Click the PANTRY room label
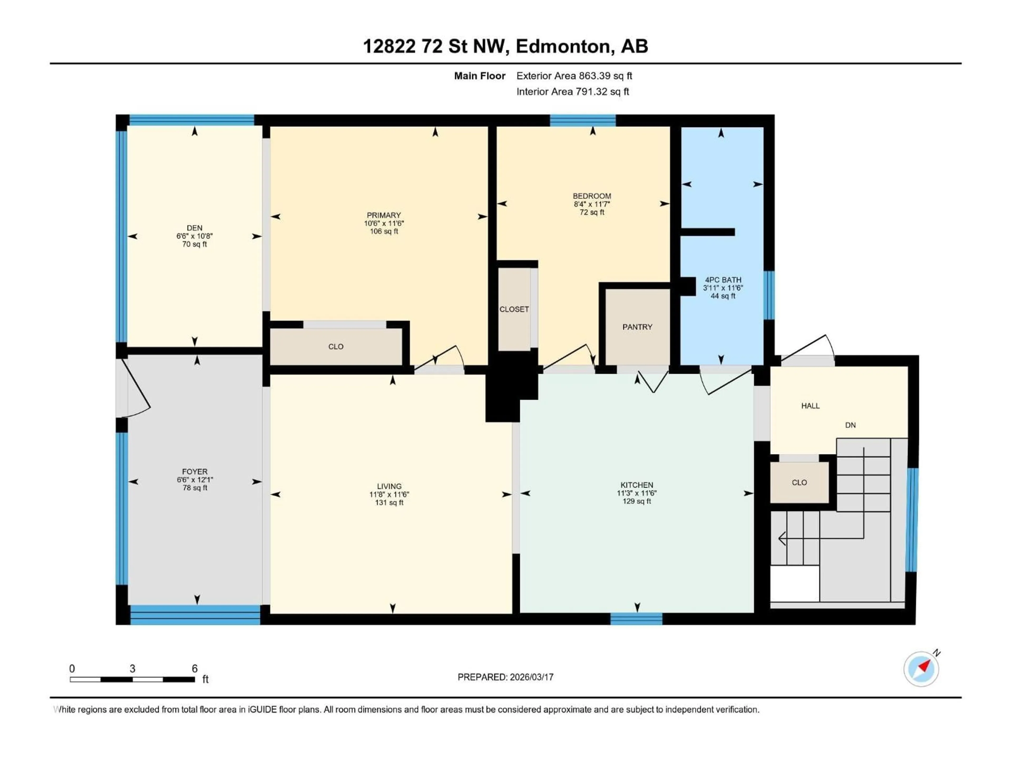(x=637, y=327)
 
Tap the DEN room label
(x=194, y=228)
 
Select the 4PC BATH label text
(x=723, y=280)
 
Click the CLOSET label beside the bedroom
(x=514, y=309)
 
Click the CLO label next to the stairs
(x=799, y=483)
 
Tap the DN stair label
(x=850, y=425)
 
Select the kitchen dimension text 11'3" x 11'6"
(x=636, y=493)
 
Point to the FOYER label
(x=194, y=471)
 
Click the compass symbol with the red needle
(x=921, y=669)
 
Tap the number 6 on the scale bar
(x=194, y=668)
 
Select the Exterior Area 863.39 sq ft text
(x=574, y=76)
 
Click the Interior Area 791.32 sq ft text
(x=572, y=91)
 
